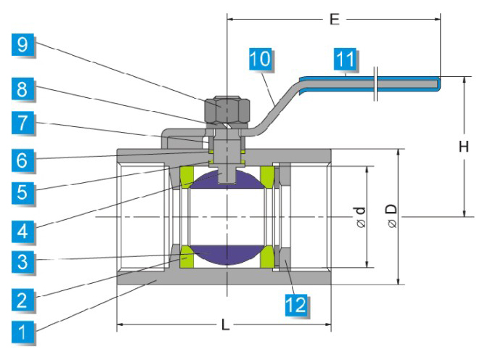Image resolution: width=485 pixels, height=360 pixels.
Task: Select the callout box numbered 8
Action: [23, 90]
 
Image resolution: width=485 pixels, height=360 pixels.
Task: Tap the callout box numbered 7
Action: [23, 123]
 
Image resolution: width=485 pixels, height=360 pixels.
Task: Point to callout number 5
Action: [23, 193]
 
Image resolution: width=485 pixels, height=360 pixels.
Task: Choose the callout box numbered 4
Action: [23, 232]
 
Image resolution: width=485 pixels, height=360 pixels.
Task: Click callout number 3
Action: [23, 262]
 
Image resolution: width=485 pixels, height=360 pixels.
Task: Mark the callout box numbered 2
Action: [23, 298]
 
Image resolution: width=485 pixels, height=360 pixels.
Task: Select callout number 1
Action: [23, 333]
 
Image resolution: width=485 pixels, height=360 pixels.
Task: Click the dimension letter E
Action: [334, 20]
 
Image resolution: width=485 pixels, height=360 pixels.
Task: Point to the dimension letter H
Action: [462, 147]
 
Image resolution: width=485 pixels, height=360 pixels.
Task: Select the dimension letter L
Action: [226, 325]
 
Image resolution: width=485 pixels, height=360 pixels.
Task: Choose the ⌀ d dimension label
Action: [359, 217]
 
